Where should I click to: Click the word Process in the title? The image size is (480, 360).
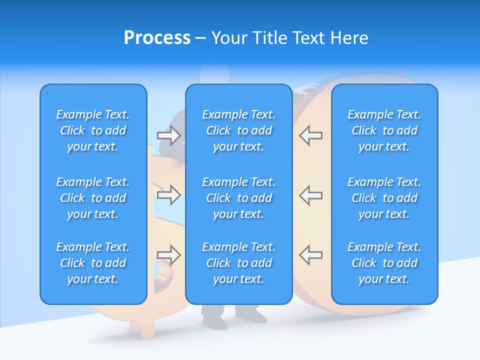click(157, 38)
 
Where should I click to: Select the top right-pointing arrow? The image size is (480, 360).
click(168, 135)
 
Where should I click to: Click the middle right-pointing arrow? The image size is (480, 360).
click(168, 194)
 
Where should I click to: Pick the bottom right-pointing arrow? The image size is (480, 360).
click(168, 255)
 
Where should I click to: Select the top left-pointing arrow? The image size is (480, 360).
click(311, 135)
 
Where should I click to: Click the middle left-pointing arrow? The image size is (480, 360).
click(311, 194)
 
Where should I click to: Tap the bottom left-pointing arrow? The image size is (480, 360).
click(311, 255)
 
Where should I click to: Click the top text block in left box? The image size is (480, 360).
click(93, 130)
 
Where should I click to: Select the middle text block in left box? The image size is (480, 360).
click(93, 198)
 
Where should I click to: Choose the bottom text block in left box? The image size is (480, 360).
click(93, 263)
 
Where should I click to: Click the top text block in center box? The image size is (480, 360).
click(238, 130)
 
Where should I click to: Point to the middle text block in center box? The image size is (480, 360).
click(238, 198)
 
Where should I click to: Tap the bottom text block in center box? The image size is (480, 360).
click(238, 263)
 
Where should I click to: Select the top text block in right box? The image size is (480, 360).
click(384, 130)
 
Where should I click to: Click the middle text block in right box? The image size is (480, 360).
click(384, 198)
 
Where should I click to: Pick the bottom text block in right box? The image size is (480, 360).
click(384, 263)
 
